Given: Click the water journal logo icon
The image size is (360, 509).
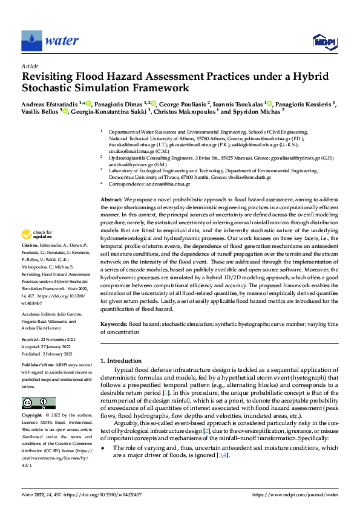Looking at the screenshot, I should [x=31, y=41].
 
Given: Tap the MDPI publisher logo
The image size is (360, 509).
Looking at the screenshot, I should [x=324, y=41].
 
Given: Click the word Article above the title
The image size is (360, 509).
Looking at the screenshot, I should [x=30, y=66].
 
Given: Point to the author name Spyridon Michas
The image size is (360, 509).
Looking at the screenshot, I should [x=257, y=112].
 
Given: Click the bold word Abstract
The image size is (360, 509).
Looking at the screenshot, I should [x=111, y=199].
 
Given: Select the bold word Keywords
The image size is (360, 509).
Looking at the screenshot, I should [x=113, y=325].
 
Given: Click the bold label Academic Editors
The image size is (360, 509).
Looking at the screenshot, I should [x=39, y=314].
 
